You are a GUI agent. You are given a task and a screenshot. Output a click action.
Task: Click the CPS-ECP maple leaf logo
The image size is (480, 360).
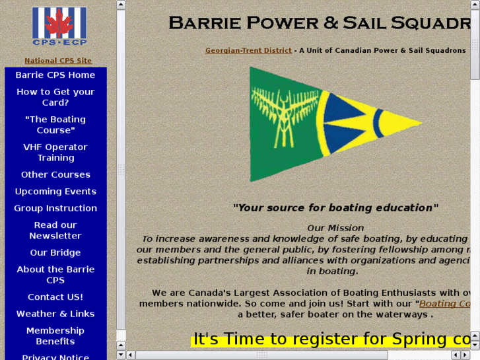tap(59, 27)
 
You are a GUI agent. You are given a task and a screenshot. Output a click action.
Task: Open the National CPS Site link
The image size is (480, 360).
tap(58, 61)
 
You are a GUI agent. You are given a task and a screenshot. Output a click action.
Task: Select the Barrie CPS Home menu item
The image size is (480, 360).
tap(55, 75)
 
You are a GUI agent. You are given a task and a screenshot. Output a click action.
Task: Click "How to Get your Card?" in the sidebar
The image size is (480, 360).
tap(55, 97)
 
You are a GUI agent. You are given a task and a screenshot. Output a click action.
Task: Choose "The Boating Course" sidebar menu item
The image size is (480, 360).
tap(55, 125)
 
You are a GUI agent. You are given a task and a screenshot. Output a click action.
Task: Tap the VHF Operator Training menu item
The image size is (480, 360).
tap(55, 153)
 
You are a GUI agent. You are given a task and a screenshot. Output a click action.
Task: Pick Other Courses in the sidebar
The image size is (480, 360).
tap(55, 175)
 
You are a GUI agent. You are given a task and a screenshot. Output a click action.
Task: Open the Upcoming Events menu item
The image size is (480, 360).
tap(55, 192)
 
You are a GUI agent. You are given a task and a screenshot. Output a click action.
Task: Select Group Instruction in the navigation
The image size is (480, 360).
tap(55, 208)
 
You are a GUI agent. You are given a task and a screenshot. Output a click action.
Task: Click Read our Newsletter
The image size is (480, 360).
tap(55, 231)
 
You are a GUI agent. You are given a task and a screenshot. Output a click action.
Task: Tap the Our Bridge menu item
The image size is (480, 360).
tap(55, 253)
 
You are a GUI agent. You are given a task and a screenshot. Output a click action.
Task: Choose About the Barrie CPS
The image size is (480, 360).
tap(55, 275)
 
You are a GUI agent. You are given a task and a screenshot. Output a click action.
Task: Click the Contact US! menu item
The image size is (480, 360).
tap(55, 297)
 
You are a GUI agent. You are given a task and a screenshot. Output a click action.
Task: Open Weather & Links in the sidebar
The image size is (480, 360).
tap(55, 314)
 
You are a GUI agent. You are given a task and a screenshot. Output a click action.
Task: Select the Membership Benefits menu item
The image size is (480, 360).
tap(55, 336)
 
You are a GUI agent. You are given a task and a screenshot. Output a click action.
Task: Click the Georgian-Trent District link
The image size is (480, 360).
tap(248, 51)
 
